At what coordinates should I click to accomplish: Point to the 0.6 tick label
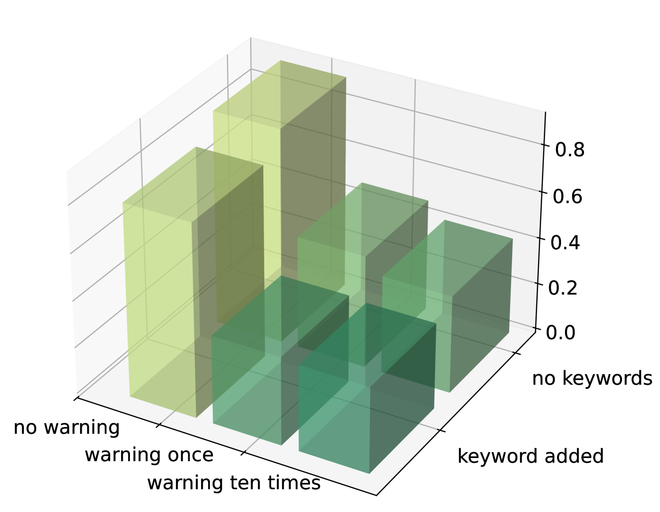pos(567,196)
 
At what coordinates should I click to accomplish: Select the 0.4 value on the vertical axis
pos(565,243)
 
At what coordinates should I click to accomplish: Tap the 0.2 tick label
pos(562,287)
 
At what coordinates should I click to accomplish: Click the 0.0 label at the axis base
pos(560,332)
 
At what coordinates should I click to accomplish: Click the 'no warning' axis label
pos(67,428)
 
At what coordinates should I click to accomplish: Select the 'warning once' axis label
pos(149,455)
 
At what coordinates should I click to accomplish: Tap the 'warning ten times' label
pos(234,482)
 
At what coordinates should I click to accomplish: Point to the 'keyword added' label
pos(530,456)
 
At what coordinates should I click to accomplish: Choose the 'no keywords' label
pos(592,379)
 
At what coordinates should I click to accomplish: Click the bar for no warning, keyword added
pos(193,282)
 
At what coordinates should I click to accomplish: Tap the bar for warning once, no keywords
pos(363,274)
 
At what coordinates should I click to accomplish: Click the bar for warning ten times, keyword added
pos(368,388)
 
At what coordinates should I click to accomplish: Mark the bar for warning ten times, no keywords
pos(447,306)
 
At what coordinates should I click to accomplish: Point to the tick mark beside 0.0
pos(537,328)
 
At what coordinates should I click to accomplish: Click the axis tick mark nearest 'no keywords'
pos(516,353)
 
